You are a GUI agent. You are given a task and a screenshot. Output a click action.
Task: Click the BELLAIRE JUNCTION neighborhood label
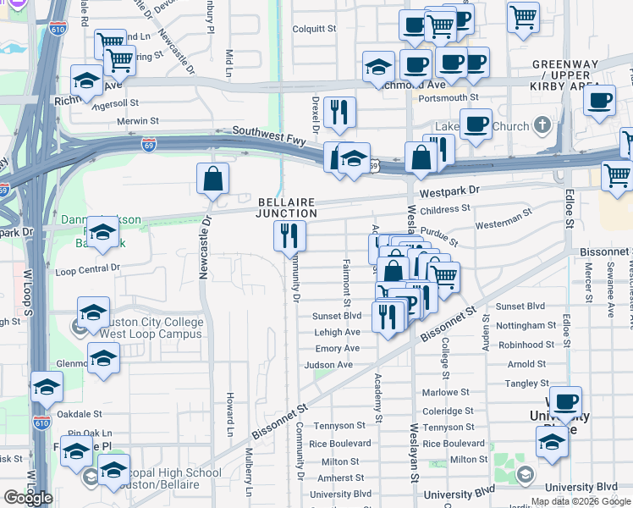coord(287,207)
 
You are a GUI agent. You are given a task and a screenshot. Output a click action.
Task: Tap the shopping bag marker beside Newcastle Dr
coord(212,179)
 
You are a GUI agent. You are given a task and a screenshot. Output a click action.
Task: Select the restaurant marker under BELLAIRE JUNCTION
coord(290,235)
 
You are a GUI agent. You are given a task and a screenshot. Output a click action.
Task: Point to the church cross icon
coord(542,126)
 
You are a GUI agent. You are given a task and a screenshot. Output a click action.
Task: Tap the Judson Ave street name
coord(328,365)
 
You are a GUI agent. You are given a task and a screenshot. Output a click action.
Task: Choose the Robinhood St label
coord(526,345)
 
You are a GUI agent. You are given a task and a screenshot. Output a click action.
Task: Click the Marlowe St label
coord(446,392)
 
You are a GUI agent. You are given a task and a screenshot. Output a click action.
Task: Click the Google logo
coord(28,498)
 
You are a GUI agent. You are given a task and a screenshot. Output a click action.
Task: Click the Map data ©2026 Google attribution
coord(581,501)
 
